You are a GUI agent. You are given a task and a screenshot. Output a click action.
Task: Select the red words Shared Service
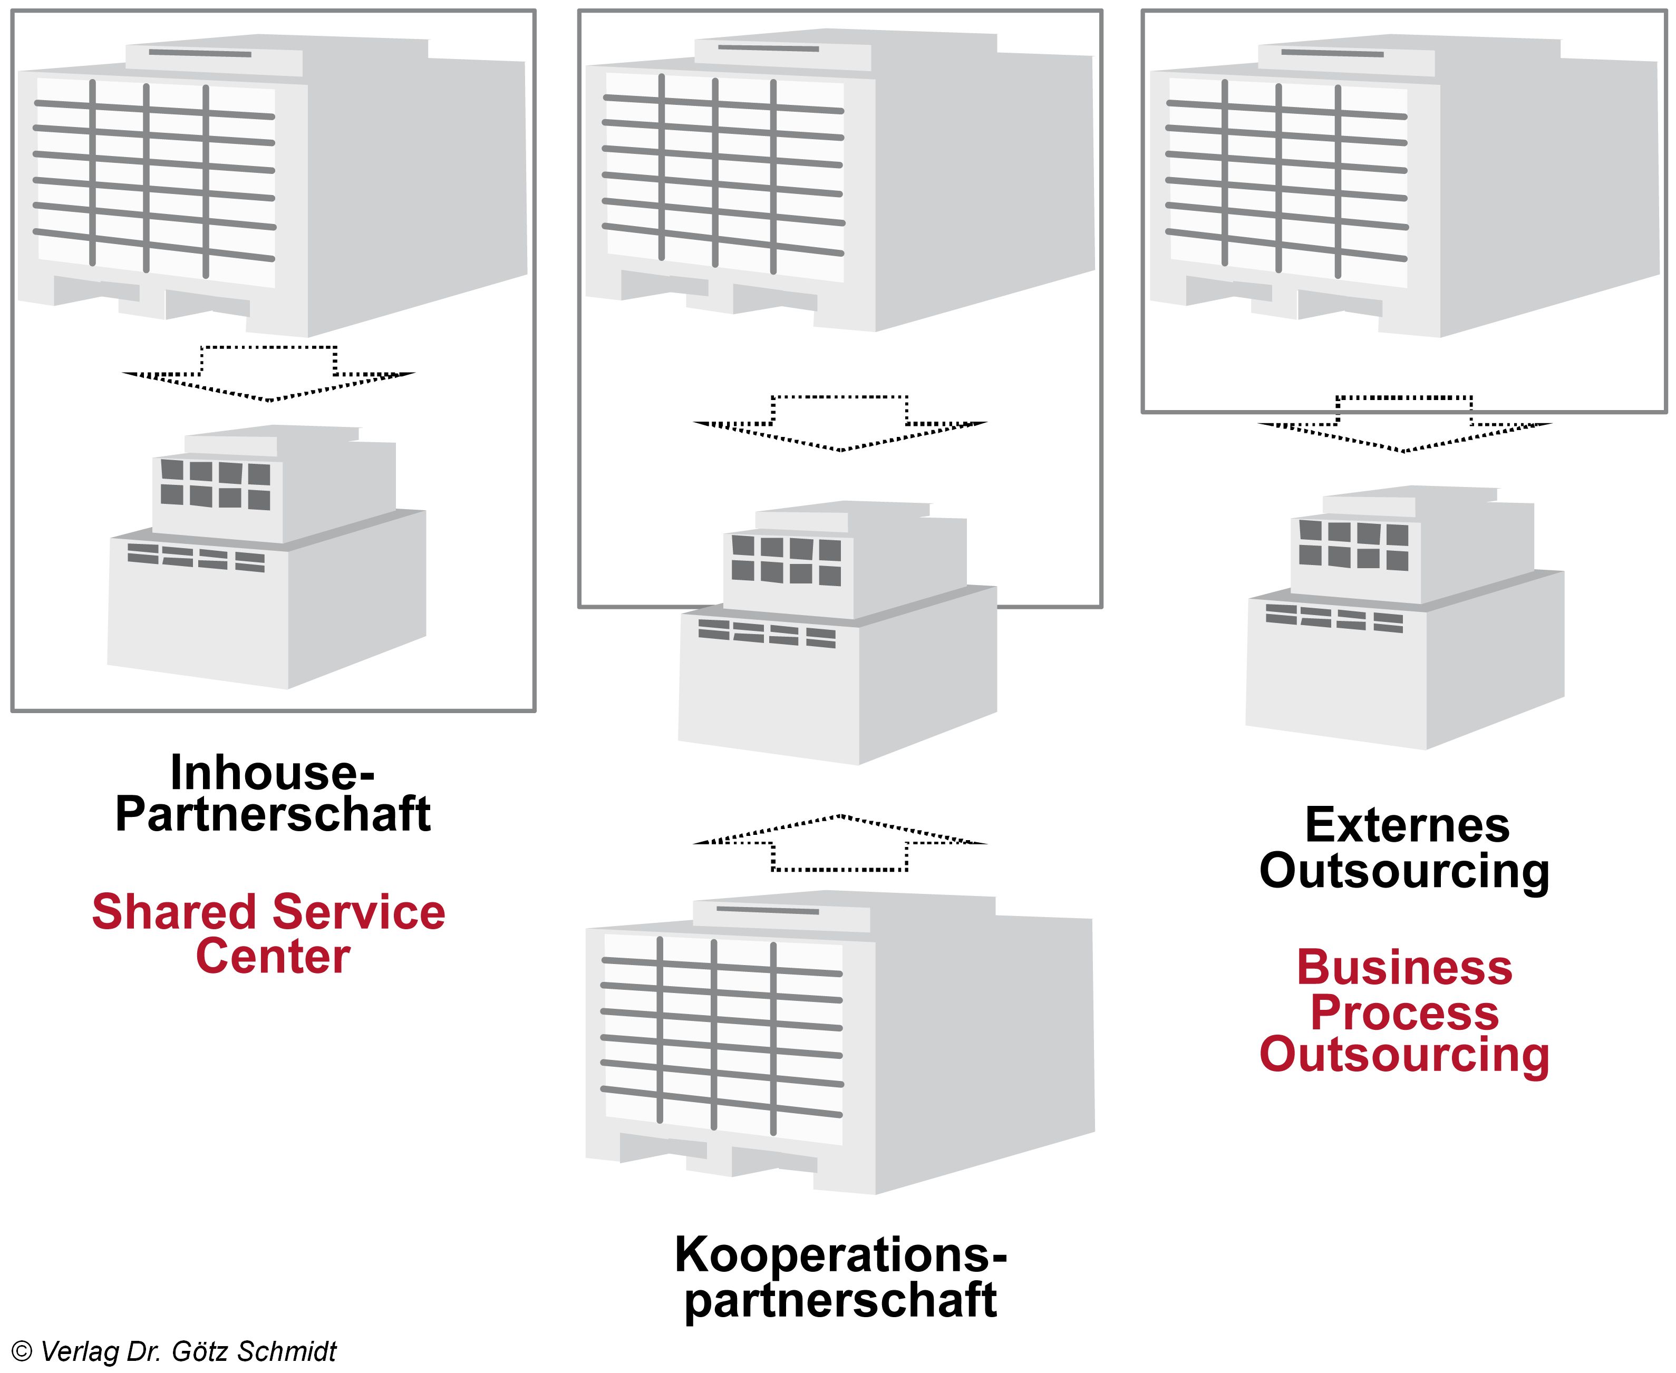pyautogui.click(x=269, y=912)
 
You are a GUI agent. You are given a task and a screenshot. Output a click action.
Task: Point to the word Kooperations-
pyautogui.click(x=840, y=1255)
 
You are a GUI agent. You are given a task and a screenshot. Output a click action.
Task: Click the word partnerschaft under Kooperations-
pyautogui.click(x=840, y=1301)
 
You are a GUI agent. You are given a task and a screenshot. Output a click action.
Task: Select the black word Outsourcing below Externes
pyautogui.click(x=1404, y=871)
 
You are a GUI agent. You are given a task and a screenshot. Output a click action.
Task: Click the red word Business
pyautogui.click(x=1404, y=968)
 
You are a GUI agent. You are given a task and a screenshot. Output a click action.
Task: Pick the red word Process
pyautogui.click(x=1404, y=1012)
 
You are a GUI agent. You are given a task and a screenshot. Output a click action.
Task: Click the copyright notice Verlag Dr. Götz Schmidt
pyautogui.click(x=176, y=1351)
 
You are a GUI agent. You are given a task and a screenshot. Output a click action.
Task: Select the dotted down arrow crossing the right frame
pyautogui.click(x=1404, y=423)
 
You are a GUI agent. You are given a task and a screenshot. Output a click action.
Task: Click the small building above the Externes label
pyautogui.click(x=1404, y=617)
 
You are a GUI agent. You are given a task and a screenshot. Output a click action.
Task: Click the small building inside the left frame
pyautogui.click(x=267, y=558)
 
